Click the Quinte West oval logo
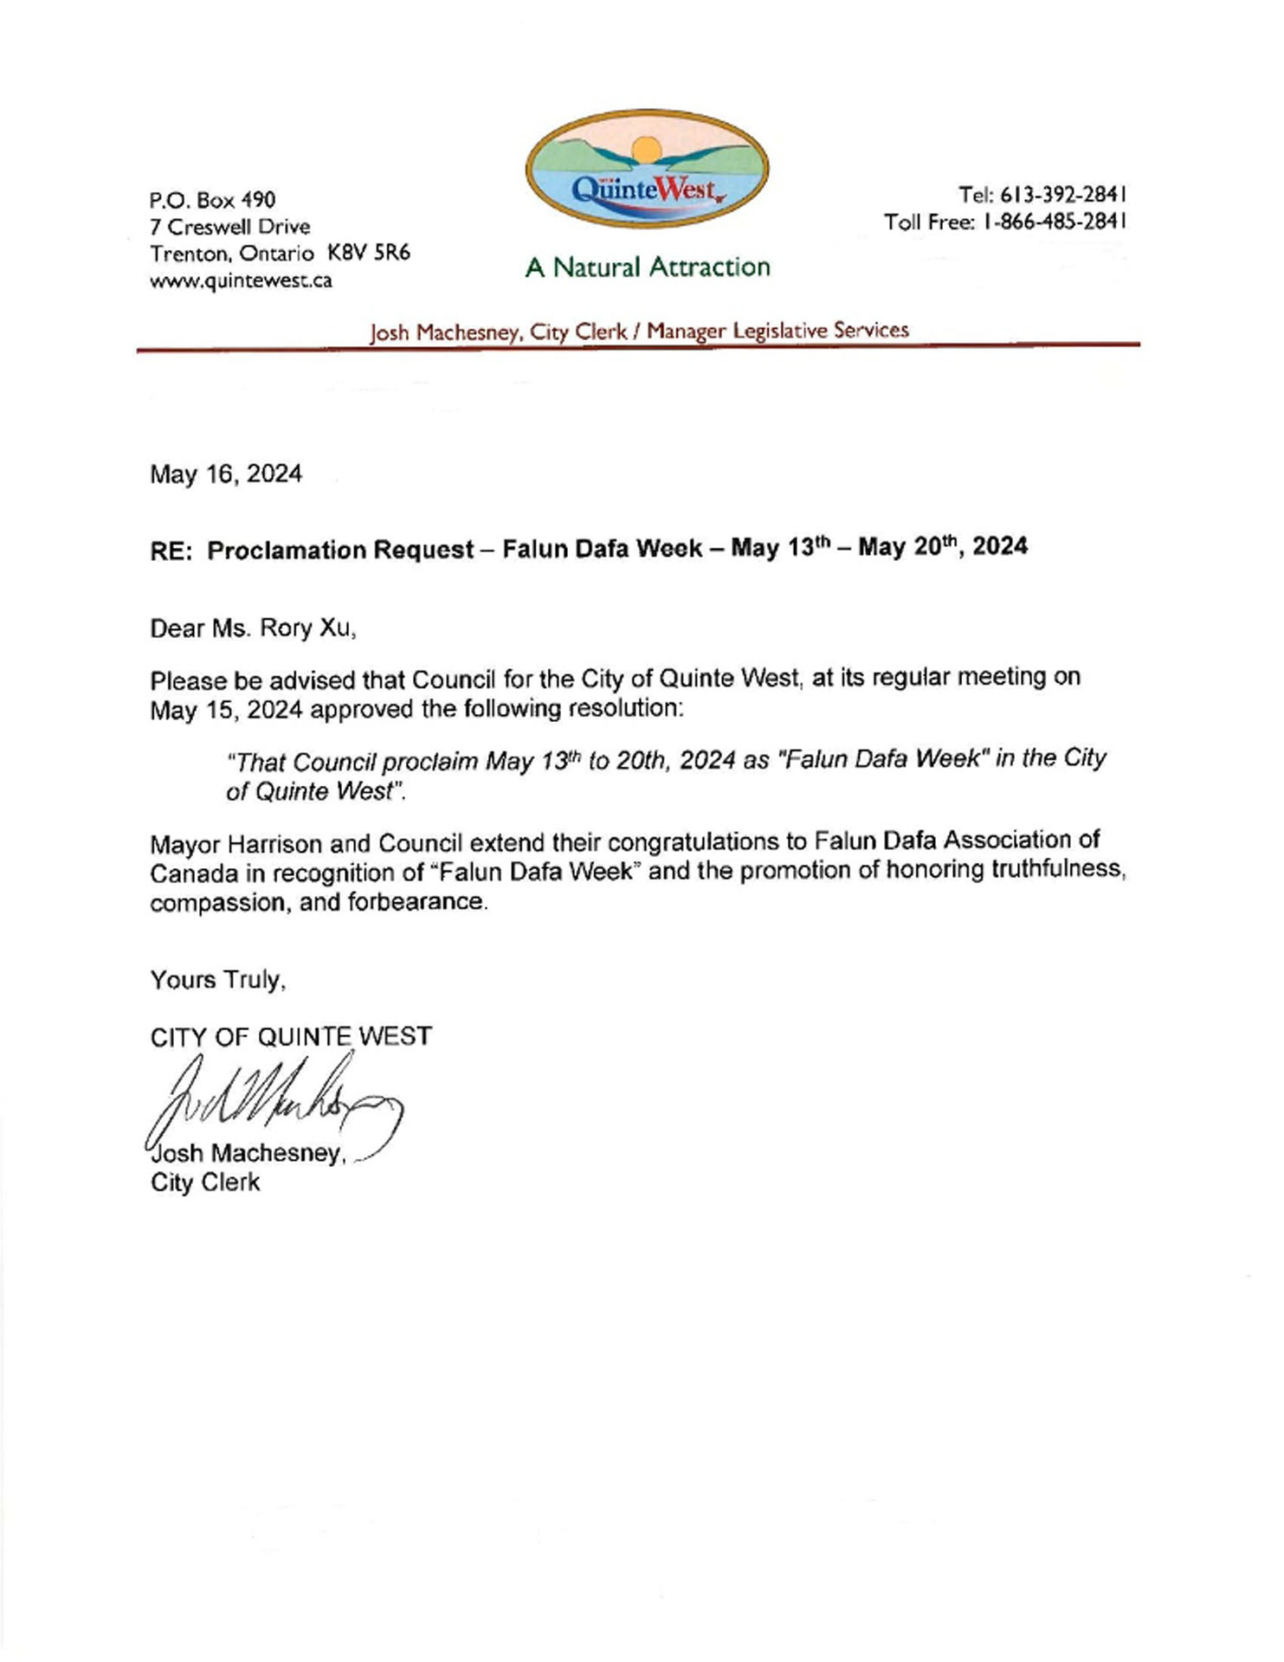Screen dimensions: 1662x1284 coord(647,169)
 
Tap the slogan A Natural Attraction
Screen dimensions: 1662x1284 coord(647,267)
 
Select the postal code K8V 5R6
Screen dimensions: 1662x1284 coord(369,253)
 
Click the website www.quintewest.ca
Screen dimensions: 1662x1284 coord(241,280)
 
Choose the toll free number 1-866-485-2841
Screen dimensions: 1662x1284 coord(1055,222)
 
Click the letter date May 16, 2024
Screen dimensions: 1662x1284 coord(226,474)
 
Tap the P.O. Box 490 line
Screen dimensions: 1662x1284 coord(213,200)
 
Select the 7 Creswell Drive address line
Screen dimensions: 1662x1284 coord(230,227)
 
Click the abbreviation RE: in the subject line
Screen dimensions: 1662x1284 coord(171,551)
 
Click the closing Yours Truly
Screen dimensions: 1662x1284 coord(218,980)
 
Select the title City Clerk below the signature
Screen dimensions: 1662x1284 coord(205,1182)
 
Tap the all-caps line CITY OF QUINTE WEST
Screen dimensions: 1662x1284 coord(291,1036)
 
